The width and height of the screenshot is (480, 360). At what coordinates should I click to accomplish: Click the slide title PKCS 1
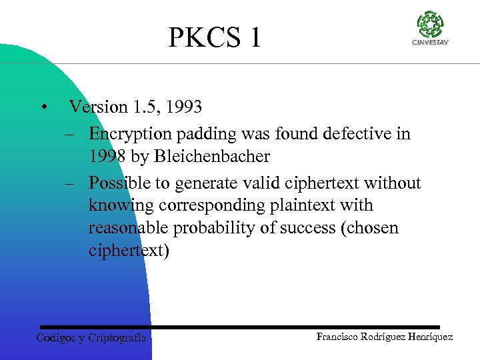click(x=215, y=37)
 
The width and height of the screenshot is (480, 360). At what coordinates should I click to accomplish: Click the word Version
click(x=98, y=107)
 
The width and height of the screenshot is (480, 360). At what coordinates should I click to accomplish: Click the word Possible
click(x=120, y=183)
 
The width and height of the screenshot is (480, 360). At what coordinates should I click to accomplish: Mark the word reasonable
click(x=129, y=228)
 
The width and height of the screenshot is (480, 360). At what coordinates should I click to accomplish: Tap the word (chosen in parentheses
click(x=369, y=228)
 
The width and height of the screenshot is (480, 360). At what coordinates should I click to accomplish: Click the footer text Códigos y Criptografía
click(x=91, y=337)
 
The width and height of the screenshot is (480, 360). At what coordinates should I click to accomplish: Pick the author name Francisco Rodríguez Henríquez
click(x=384, y=337)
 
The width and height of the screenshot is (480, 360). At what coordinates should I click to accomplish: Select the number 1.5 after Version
click(x=143, y=107)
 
